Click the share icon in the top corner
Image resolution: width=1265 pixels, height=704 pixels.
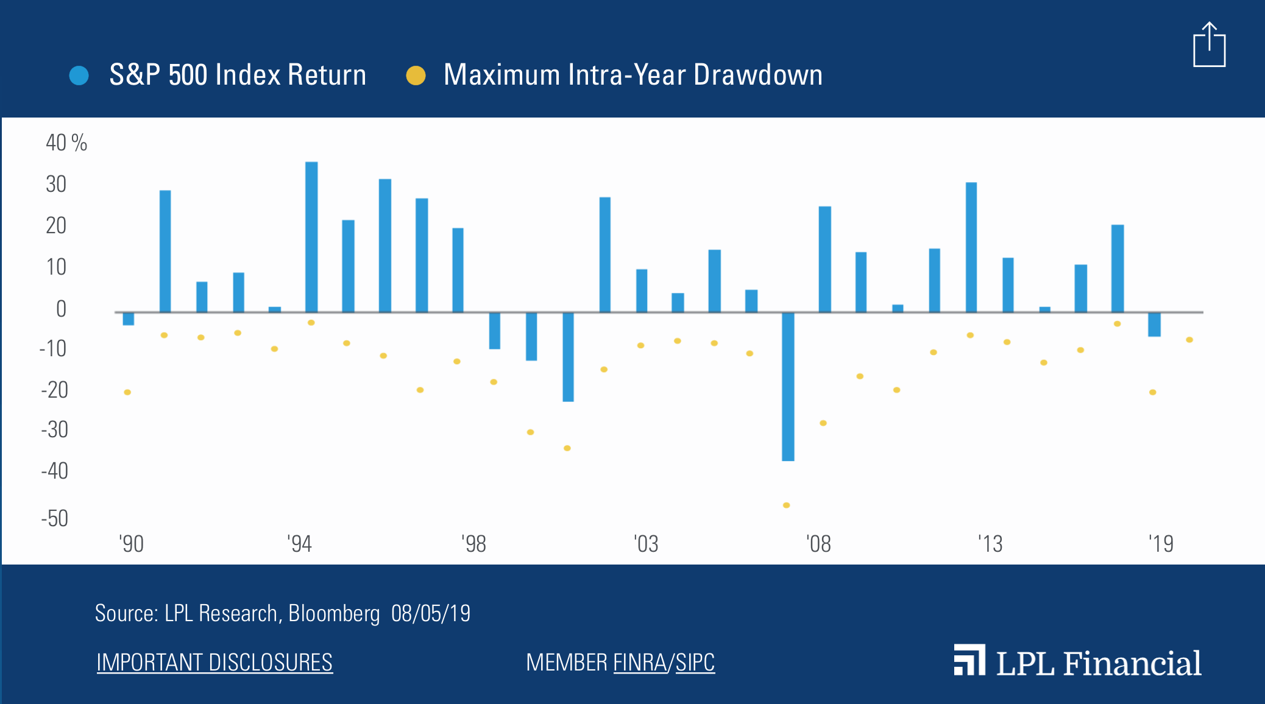[x=1209, y=46]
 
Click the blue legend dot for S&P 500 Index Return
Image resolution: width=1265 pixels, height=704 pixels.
[x=79, y=76]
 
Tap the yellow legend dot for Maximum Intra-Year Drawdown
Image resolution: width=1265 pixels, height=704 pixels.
[x=416, y=76]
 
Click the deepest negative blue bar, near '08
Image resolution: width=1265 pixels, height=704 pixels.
[x=788, y=386]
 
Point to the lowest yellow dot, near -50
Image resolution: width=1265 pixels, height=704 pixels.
[x=786, y=505]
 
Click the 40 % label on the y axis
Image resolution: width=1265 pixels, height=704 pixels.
[x=66, y=143]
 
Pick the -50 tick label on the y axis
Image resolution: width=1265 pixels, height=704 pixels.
[x=55, y=518]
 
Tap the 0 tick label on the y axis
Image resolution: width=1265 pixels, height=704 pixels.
[x=61, y=309]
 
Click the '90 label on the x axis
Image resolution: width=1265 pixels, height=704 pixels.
[x=131, y=543]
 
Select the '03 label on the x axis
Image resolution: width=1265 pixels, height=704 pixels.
[x=646, y=543]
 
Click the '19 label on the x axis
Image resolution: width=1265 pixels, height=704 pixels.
[x=1160, y=543]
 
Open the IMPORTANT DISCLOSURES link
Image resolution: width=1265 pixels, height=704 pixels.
[x=214, y=663]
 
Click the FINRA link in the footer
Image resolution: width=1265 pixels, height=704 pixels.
[x=640, y=663]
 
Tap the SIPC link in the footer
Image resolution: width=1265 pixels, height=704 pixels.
[x=695, y=663]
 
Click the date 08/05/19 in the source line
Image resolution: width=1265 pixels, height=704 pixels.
[x=431, y=613]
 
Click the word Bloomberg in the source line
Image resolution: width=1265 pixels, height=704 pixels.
[x=334, y=613]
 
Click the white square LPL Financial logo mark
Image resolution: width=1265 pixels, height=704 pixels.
[x=969, y=660]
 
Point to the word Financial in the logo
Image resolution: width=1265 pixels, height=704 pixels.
[x=1132, y=663]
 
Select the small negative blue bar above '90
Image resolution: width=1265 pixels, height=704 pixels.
[x=128, y=319]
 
